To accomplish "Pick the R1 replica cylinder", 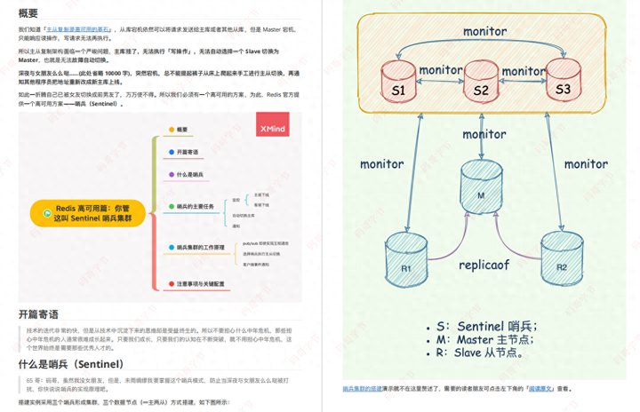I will pos(406,258).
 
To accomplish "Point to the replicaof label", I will pos(484,264).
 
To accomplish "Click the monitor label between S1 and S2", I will pos(440,70).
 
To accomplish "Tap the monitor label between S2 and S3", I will pos(523,70).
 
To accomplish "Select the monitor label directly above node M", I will pos(484,134).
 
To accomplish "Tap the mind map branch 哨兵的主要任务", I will pos(195,206).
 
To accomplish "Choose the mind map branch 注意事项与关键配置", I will pos(199,284).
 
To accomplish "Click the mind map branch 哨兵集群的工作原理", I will pos(200,247).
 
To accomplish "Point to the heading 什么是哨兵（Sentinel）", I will pos(71,364).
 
